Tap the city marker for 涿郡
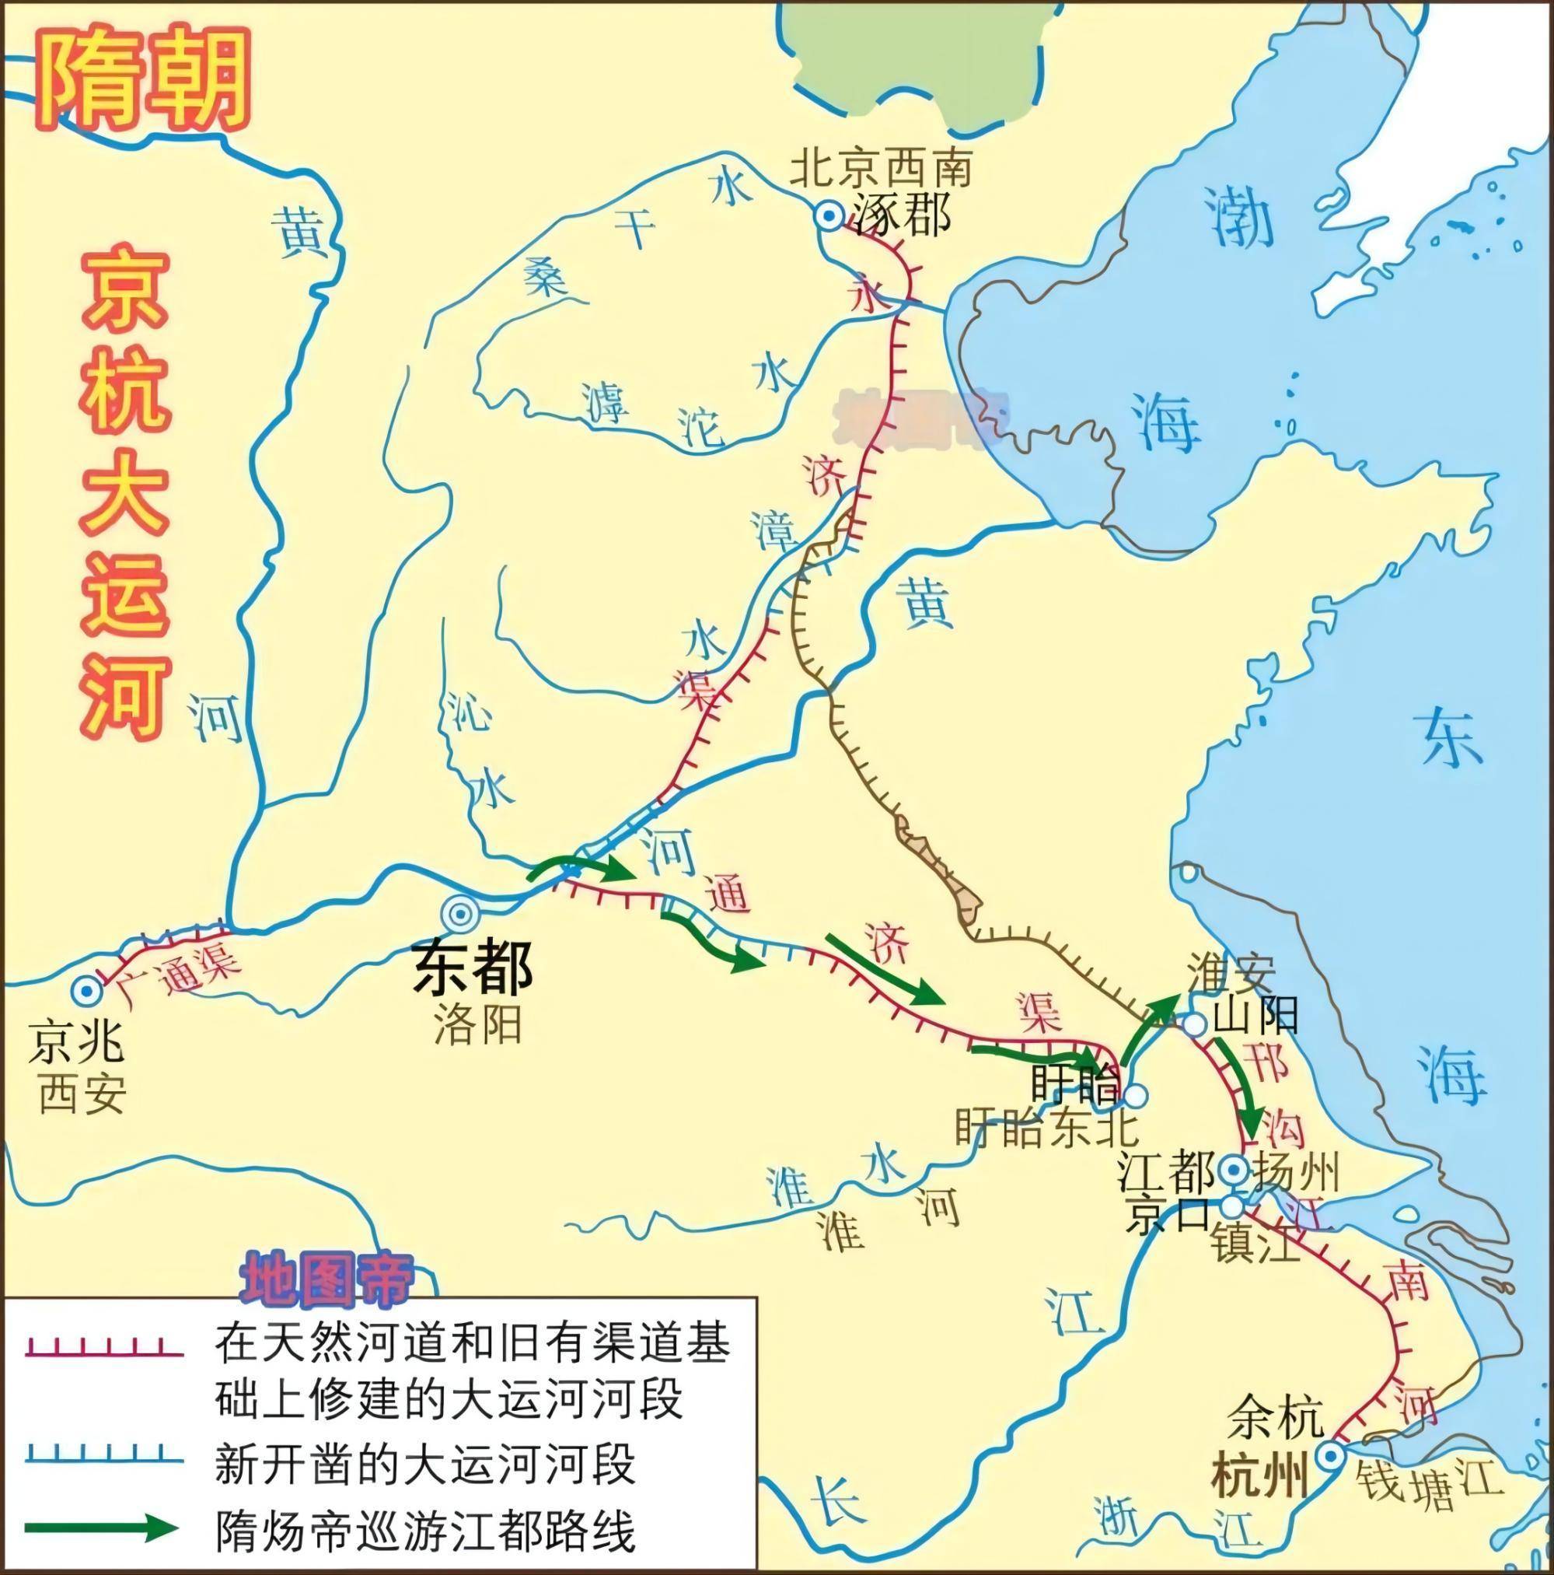point(829,215)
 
